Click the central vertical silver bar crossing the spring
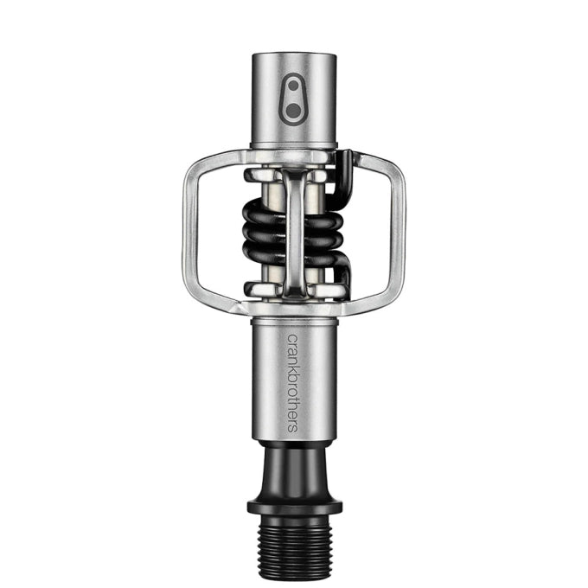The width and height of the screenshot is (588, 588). point(294,232)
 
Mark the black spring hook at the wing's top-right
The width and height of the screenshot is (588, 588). point(344,160)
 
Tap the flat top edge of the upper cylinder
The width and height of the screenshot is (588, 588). point(294,55)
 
